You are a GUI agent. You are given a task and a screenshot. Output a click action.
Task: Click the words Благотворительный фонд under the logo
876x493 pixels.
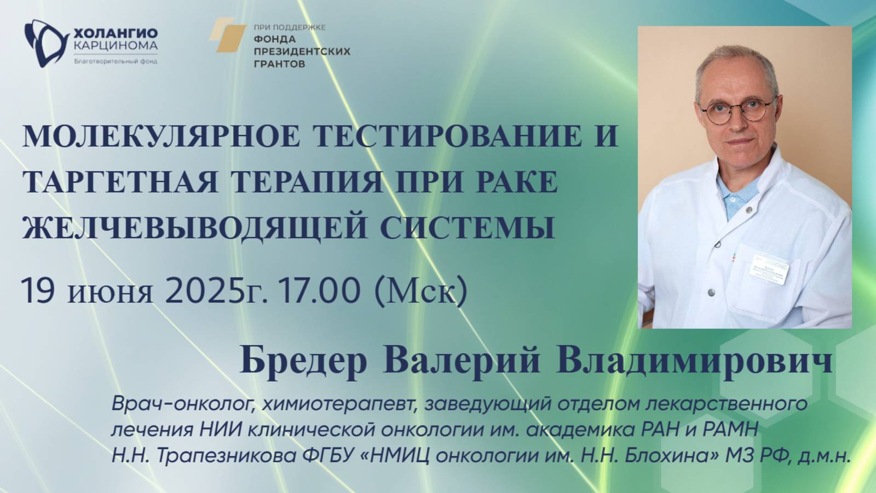coord(115,61)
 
